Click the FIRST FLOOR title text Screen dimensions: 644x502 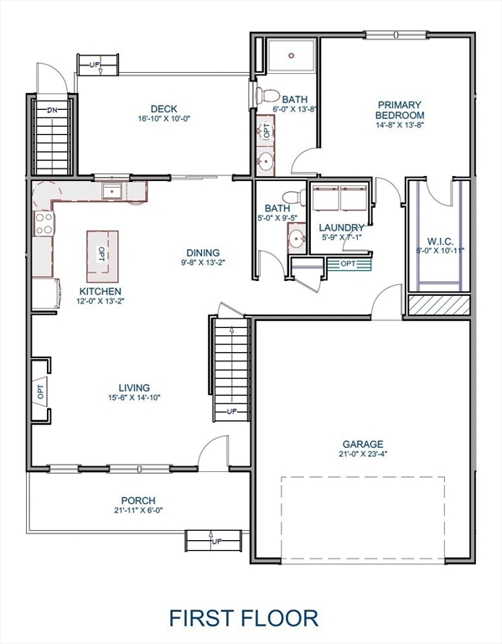(244, 618)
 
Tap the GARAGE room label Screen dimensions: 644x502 (362, 444)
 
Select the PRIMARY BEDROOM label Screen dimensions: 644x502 (399, 110)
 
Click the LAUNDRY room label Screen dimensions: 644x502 (341, 228)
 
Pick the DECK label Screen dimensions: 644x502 (163, 108)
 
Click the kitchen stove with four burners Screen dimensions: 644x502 (44, 223)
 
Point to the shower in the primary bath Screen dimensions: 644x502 (290, 55)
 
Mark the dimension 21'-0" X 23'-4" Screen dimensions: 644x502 (362, 455)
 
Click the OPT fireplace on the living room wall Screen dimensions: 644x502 (39, 389)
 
